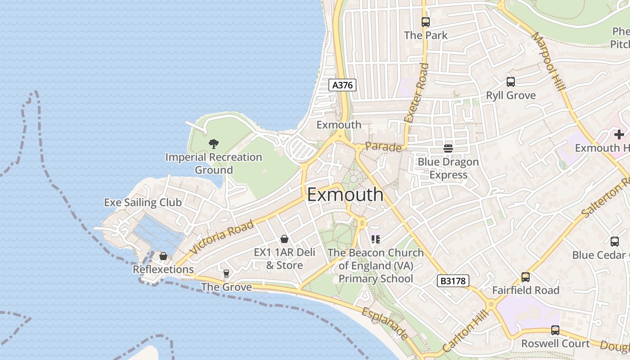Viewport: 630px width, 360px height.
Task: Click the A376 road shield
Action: [x=342, y=85]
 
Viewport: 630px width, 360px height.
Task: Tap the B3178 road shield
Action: [x=453, y=281]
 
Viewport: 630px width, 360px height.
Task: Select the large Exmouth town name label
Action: [x=345, y=195]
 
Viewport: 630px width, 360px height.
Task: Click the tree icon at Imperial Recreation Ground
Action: [x=214, y=144]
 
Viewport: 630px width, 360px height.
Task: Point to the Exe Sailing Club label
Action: [x=143, y=202]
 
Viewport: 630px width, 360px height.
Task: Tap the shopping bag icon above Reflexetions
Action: [x=163, y=256]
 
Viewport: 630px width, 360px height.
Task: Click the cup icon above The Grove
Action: [x=226, y=273]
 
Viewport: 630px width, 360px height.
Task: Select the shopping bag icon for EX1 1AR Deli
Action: [x=284, y=239]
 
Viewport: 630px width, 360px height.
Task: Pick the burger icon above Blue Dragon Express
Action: [x=448, y=148]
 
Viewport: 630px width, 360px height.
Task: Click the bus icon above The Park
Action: [x=425, y=22]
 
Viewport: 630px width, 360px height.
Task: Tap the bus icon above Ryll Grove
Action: [x=510, y=82]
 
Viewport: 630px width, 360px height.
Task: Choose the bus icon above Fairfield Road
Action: [x=525, y=277]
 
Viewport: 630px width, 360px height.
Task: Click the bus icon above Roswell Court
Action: [x=555, y=330]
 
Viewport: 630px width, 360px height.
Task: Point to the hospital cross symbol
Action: [x=619, y=134]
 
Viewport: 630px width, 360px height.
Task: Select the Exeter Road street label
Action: [x=417, y=93]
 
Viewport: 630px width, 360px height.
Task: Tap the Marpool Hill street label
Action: [x=548, y=61]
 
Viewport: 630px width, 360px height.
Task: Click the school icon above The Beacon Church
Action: [x=376, y=239]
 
